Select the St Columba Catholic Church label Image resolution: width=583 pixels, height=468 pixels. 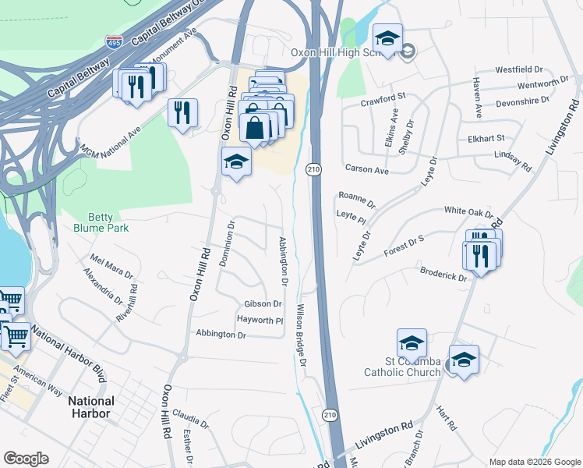402,367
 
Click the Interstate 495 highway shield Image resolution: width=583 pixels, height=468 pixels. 115,43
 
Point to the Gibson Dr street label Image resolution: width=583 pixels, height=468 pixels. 263,303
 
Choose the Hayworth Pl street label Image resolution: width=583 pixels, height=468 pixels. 260,320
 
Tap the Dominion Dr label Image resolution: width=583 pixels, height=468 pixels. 227,243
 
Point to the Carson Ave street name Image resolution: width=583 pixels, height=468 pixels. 366,169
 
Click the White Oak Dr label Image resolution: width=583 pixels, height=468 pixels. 468,211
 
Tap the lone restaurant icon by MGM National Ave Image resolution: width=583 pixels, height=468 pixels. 183,112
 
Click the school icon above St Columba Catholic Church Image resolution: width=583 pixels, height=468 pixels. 412,342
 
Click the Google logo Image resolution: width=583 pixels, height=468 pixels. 26,459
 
